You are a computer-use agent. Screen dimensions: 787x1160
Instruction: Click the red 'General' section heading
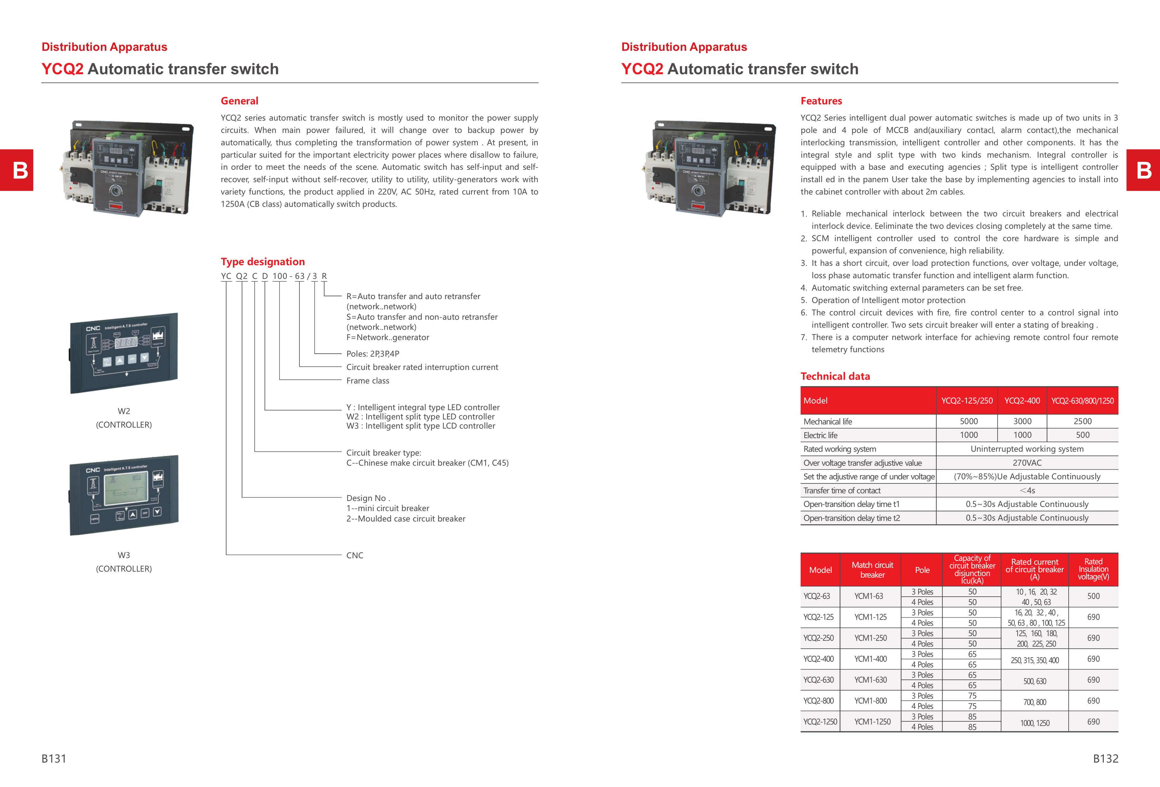pos(239,101)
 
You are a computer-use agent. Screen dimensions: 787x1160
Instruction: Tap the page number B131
pos(54,758)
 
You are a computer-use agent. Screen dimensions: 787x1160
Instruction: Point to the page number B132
pos(1105,758)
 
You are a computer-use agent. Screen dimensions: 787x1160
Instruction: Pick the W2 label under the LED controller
pos(124,411)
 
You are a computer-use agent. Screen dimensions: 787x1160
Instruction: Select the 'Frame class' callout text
pos(368,381)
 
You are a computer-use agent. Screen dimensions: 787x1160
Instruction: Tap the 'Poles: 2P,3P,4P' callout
pos(373,354)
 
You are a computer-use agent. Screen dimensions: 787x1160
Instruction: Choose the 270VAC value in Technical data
pos(1027,462)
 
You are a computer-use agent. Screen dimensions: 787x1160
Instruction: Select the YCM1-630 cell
pos(870,680)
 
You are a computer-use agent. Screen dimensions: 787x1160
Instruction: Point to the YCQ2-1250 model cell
pos(820,722)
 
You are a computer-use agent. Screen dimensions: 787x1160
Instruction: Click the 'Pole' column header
pos(922,570)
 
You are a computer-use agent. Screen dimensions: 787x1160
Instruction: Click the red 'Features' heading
pos(821,101)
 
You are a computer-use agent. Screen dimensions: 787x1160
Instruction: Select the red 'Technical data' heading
pos(835,376)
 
